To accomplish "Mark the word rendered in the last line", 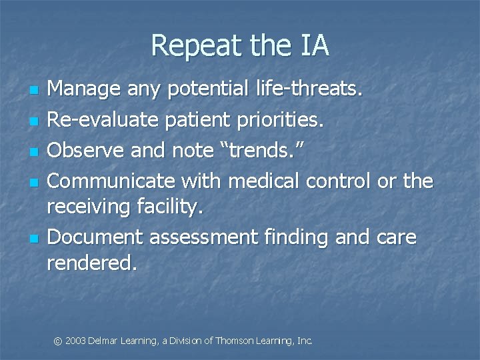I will pyautogui.click(x=91, y=263).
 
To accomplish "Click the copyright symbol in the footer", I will pyautogui.click(x=58, y=341).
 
